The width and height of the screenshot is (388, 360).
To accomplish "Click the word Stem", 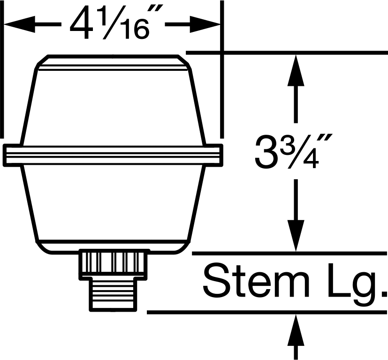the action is click(256, 282).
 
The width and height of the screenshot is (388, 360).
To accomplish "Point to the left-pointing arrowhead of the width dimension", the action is click(19, 24).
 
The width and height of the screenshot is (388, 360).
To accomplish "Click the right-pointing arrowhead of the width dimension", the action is click(205, 24).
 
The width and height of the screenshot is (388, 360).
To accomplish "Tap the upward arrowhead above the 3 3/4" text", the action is click(296, 70).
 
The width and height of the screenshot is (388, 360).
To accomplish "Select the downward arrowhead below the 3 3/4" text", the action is click(296, 236).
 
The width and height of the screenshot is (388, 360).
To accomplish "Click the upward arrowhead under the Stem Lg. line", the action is click(296, 330).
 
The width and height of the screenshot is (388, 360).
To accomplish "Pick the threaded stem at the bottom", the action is click(113, 295).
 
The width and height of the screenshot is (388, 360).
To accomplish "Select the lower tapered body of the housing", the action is click(113, 203).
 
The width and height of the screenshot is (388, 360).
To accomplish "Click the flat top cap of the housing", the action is click(113, 62).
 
